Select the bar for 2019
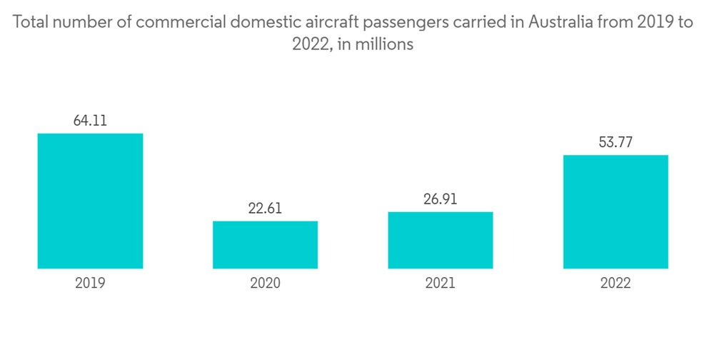[90, 201]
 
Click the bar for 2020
[265, 245]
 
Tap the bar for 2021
[441, 240]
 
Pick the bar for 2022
[615, 211]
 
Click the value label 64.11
[90, 121]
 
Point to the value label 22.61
[265, 208]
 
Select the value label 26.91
[441, 199]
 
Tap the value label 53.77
[615, 142]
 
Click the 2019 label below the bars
[90, 284]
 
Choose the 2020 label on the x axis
[265, 284]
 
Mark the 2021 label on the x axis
[441, 284]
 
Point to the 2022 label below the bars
[615, 284]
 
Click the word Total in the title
[30, 22]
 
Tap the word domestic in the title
[263, 22]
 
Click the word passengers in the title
[404, 24]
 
